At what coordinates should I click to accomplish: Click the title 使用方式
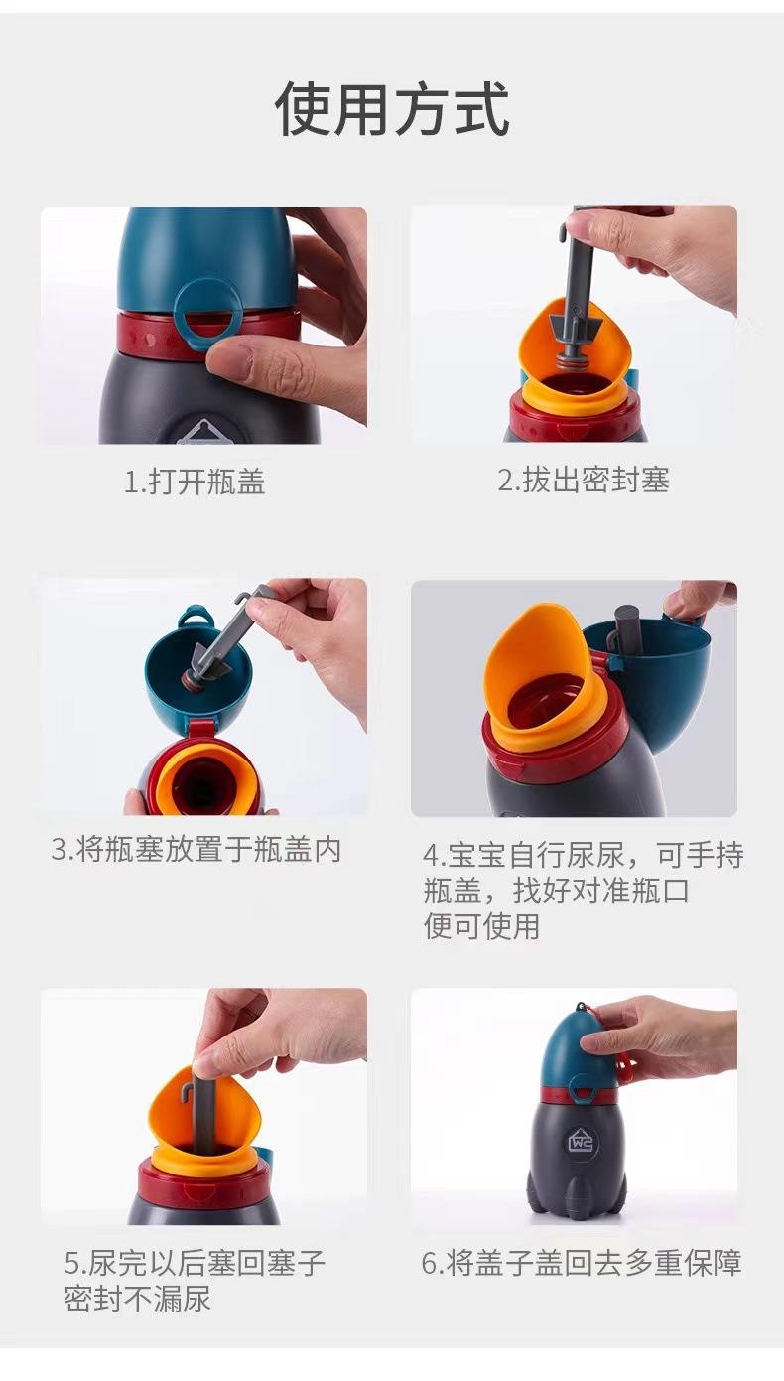pos(392,109)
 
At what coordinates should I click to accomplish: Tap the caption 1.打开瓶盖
pos(195,482)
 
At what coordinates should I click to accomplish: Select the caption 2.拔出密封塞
pos(584,480)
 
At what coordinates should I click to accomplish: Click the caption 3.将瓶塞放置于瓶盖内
pos(196,850)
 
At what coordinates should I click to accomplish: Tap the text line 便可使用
pos(481,926)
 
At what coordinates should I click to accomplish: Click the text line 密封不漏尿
pos(137,1298)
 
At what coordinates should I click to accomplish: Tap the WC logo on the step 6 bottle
pos(581,1142)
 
